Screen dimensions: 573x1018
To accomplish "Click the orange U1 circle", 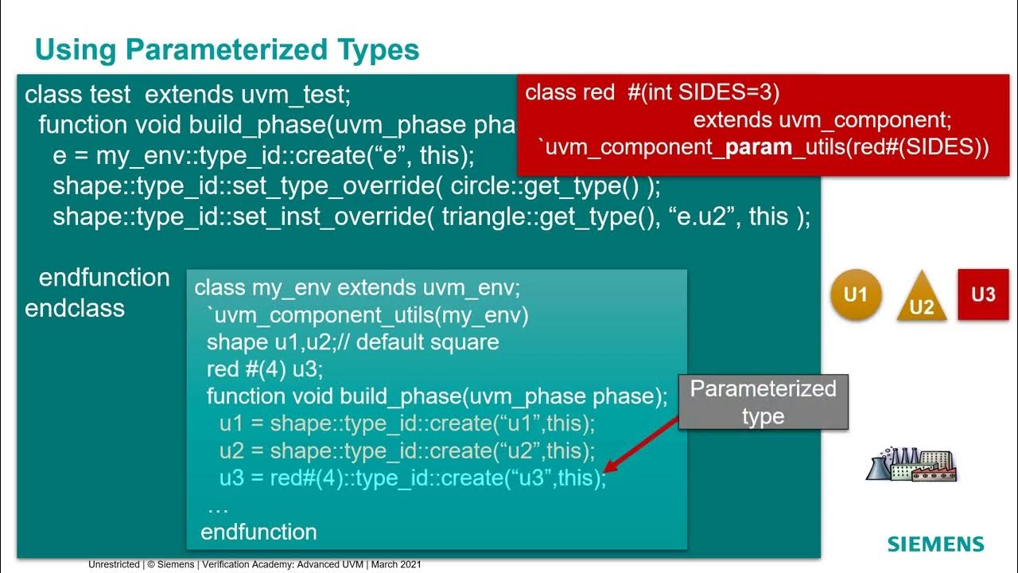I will coord(856,295).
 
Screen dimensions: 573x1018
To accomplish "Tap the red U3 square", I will coord(983,294).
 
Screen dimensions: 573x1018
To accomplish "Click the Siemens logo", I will coord(935,544).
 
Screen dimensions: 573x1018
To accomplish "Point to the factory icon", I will coord(910,465).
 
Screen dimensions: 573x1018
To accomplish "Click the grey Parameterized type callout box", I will coord(763,402).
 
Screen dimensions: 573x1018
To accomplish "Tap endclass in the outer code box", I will coord(75,308).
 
